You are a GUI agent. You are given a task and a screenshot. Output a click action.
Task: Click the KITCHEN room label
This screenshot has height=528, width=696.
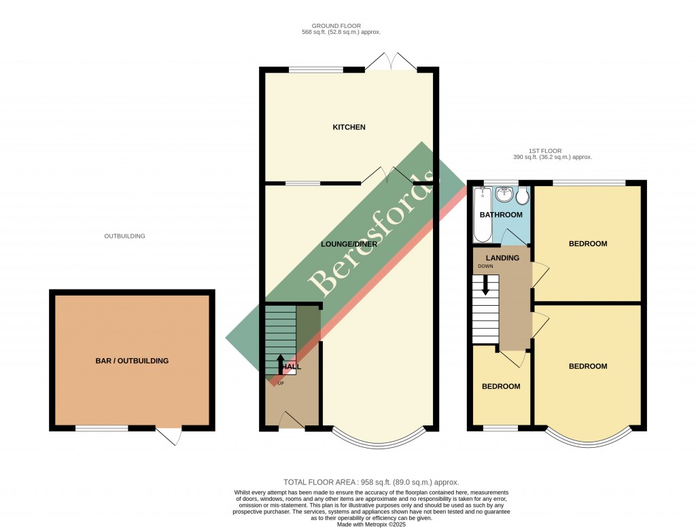349,127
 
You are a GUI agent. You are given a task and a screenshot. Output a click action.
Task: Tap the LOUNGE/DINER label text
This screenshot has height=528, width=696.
349,243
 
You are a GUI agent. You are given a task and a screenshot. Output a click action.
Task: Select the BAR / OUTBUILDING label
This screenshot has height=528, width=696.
132,361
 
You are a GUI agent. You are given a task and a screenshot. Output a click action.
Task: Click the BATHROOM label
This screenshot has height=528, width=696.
500,215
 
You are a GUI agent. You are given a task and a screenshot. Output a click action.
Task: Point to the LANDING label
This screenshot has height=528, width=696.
502,258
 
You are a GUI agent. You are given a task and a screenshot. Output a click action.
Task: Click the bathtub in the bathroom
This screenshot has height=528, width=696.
481,215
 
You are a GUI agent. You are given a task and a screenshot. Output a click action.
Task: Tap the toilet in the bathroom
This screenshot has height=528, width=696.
523,196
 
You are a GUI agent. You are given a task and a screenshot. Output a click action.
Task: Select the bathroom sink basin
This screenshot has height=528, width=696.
504,195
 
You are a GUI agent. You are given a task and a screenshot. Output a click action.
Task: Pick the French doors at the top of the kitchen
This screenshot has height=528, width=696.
391,63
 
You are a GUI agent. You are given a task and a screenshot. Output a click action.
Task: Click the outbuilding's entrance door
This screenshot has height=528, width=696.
170,435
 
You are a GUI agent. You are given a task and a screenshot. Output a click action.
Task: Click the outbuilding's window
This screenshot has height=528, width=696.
101,428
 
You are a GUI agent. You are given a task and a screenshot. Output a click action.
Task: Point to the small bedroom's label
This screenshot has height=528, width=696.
501,386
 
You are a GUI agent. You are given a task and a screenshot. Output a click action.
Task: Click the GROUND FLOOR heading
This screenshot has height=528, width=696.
341,26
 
